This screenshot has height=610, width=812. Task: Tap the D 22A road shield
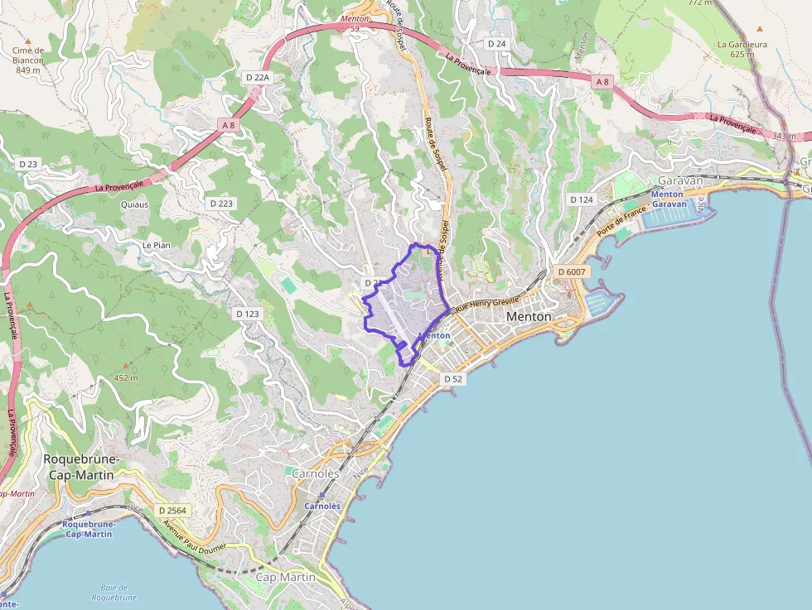[x=259, y=76]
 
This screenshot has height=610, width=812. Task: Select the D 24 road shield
[x=496, y=43]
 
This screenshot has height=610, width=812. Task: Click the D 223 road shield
[x=222, y=203]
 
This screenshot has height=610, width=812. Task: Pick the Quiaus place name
[x=134, y=204]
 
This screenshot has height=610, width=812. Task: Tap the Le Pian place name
[x=156, y=245]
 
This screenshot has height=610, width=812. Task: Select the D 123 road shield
[x=247, y=314]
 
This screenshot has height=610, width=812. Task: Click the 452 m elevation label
[x=126, y=377]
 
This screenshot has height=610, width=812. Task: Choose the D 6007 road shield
[x=572, y=271]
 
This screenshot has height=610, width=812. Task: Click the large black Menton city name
[x=529, y=316]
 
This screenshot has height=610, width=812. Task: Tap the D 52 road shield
[x=452, y=378]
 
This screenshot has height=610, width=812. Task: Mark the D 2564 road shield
[x=173, y=511]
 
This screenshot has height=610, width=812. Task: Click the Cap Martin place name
[x=286, y=577]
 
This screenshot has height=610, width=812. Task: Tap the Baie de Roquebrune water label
[x=114, y=593]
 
